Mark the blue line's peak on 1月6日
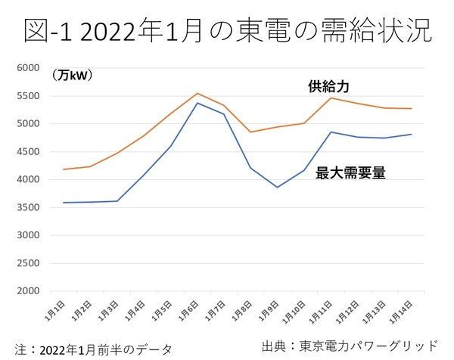[x=197, y=103]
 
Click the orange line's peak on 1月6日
[x=197, y=94]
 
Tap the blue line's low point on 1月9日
[x=277, y=187]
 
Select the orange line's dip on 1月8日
[x=250, y=132]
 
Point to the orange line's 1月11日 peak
[x=331, y=98]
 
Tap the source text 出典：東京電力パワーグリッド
[x=349, y=346]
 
